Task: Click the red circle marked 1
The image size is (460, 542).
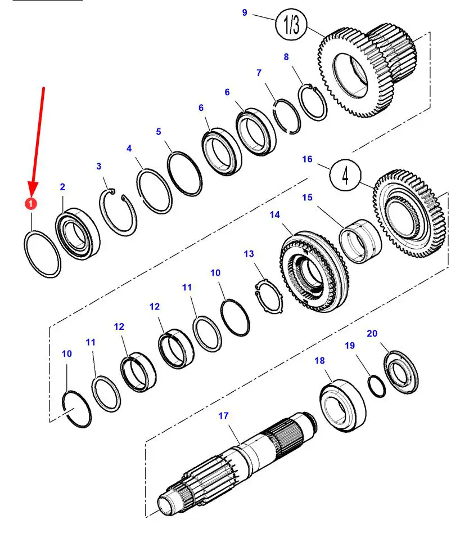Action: tap(31, 204)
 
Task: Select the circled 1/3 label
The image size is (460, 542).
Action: tap(291, 24)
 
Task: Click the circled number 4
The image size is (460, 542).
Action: tap(345, 175)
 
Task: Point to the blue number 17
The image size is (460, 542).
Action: tap(223, 415)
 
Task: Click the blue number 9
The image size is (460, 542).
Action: tap(245, 12)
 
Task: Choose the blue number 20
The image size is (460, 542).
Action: tap(372, 334)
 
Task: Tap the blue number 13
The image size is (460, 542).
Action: tap(249, 254)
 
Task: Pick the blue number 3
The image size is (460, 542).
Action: tap(99, 166)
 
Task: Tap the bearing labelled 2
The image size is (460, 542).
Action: tap(78, 234)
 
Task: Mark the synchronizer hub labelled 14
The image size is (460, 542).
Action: tap(314, 271)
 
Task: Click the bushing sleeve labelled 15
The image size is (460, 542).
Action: tap(361, 241)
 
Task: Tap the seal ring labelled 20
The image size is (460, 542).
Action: tap(402, 372)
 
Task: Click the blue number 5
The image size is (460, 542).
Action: tap(159, 132)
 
